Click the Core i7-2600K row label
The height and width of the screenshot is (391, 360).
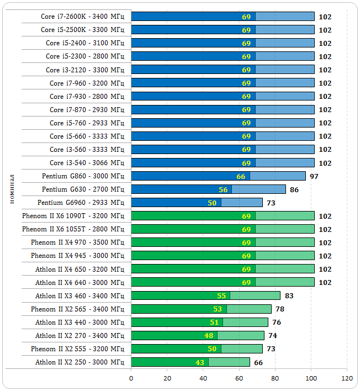click(x=82, y=17)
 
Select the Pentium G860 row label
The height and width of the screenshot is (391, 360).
click(x=83, y=176)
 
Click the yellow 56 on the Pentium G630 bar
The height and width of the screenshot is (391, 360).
click(x=223, y=189)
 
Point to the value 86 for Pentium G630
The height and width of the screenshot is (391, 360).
click(x=294, y=189)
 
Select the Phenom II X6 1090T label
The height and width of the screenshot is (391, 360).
click(x=73, y=216)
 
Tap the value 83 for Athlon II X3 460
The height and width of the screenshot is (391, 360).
click(x=289, y=295)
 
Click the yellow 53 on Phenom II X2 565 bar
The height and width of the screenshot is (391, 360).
click(x=218, y=309)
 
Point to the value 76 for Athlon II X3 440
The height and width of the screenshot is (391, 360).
click(x=277, y=322)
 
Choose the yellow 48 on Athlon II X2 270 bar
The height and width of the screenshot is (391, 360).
click(x=209, y=335)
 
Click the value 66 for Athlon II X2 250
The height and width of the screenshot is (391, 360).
click(x=258, y=362)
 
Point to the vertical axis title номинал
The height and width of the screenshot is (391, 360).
click(x=12, y=188)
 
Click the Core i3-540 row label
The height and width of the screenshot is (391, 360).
click(x=87, y=163)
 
